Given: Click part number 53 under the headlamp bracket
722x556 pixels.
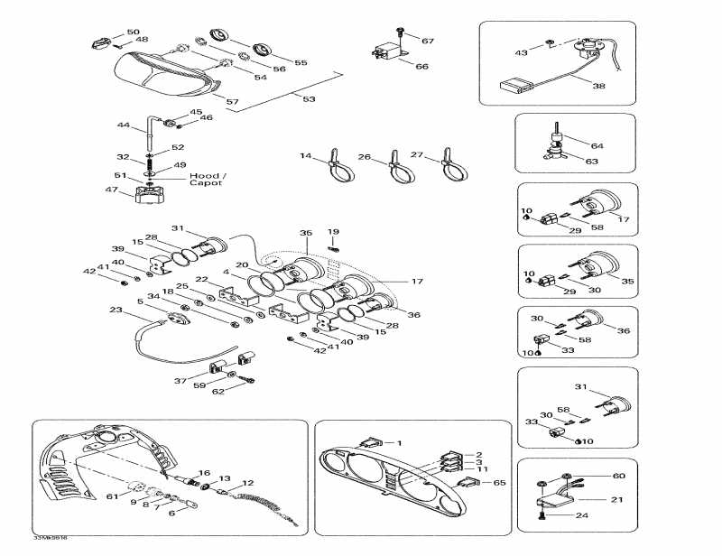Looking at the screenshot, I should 310,98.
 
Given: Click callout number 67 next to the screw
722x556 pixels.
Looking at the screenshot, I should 428,41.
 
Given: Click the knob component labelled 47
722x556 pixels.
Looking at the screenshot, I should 149,194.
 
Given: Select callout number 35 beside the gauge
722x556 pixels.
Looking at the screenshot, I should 627,282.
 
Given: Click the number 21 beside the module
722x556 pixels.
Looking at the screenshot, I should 616,499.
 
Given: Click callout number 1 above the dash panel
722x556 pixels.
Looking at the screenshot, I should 400,442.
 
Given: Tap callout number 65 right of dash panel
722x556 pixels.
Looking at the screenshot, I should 499,484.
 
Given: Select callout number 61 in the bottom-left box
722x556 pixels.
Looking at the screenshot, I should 112,496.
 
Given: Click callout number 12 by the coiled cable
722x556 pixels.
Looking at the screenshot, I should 247,484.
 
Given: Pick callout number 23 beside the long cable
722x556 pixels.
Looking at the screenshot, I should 115,310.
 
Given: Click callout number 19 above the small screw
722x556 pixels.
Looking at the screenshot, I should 333,232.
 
